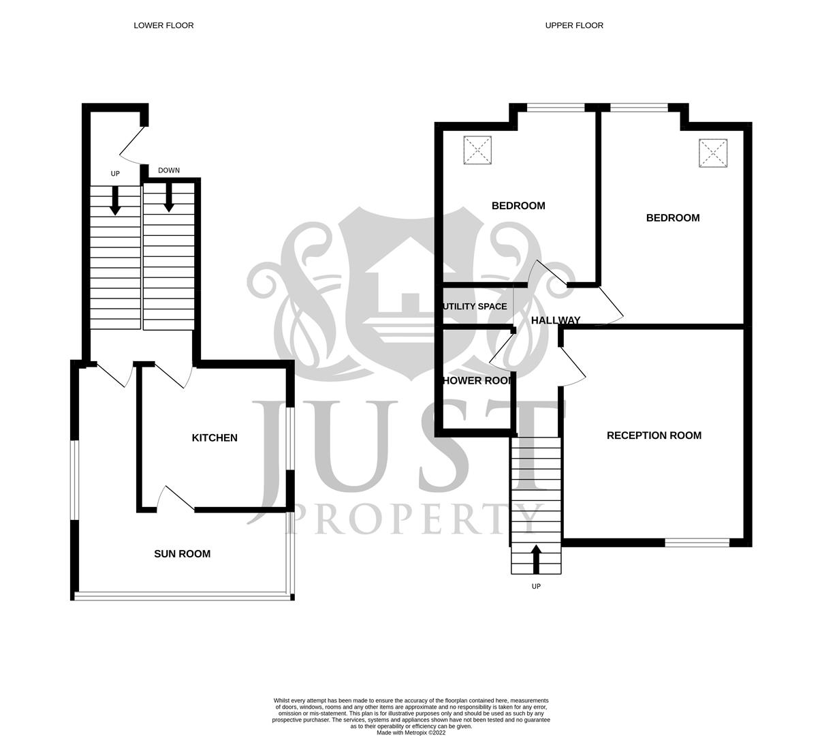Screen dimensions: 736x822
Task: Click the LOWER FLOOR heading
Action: [163, 25]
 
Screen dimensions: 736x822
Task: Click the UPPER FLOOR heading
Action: [574, 25]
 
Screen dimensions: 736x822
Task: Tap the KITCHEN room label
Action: [215, 438]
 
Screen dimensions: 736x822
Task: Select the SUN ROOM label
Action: [182, 554]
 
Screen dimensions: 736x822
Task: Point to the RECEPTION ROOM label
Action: [654, 435]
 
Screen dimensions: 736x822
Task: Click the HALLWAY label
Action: [556, 320]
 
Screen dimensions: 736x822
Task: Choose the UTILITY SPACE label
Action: [475, 307]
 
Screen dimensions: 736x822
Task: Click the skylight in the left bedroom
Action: [477, 150]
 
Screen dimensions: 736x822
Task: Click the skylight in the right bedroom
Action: [713, 153]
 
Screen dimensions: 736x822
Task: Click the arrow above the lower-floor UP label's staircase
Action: [115, 200]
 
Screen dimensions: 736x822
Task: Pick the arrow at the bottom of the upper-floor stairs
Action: [536, 559]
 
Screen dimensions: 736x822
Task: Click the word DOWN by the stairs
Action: [169, 170]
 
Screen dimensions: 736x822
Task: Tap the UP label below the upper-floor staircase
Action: [536, 587]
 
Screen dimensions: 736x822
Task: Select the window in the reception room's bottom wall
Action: [697, 542]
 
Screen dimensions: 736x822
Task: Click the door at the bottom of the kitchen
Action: [176, 498]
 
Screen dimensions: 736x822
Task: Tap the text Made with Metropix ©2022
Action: [411, 733]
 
